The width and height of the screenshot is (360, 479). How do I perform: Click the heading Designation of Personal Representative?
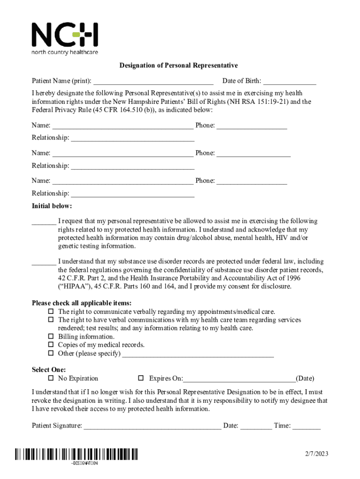[x=179, y=65]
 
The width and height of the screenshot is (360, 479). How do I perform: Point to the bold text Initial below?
[x=52, y=206]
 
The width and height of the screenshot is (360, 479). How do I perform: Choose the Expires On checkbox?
[x=140, y=378]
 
